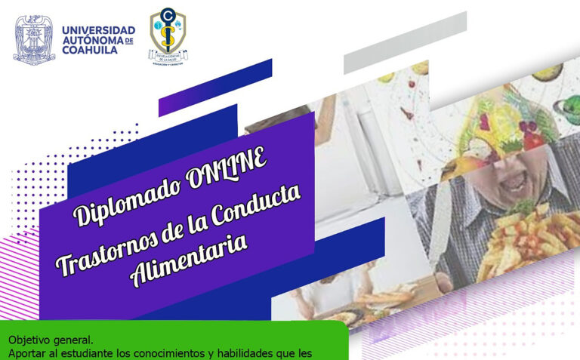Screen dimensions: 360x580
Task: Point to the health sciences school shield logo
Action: pos(168,35)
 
